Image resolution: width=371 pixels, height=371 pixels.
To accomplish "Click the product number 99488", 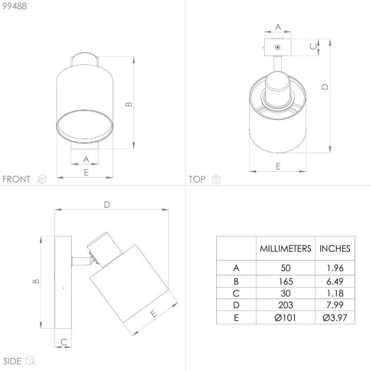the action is (14, 6).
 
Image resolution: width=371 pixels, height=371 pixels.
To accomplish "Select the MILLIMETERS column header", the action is (285, 249).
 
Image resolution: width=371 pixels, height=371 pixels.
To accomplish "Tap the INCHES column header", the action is (335, 249).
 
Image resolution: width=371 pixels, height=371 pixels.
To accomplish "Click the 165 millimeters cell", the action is (286, 281).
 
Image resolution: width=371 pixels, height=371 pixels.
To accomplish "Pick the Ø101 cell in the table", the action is (285, 318).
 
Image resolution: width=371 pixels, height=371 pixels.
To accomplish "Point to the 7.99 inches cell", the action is (335, 305).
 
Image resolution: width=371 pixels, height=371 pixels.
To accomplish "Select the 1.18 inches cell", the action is (335, 293).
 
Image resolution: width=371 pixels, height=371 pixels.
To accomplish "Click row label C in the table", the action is (236, 293).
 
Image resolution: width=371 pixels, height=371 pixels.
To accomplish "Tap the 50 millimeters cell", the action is (286, 268).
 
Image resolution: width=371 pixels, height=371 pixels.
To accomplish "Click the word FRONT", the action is (16, 179).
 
